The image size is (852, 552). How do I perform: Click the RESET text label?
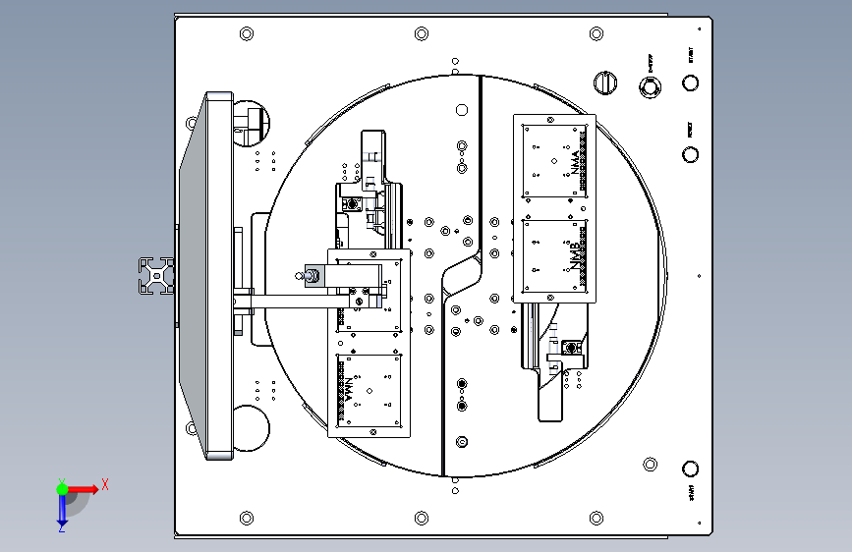click(x=690, y=129)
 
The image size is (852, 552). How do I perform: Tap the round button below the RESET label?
click(x=690, y=153)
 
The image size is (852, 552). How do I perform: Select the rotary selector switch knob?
click(x=606, y=83)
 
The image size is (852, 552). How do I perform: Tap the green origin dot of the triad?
click(x=61, y=488)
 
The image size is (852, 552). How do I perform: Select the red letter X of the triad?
click(x=104, y=484)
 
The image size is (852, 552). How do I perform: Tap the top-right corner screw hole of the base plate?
click(x=595, y=34)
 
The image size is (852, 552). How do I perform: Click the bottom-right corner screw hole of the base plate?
click(x=595, y=516)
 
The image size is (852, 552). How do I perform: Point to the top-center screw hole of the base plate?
click(x=421, y=34)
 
